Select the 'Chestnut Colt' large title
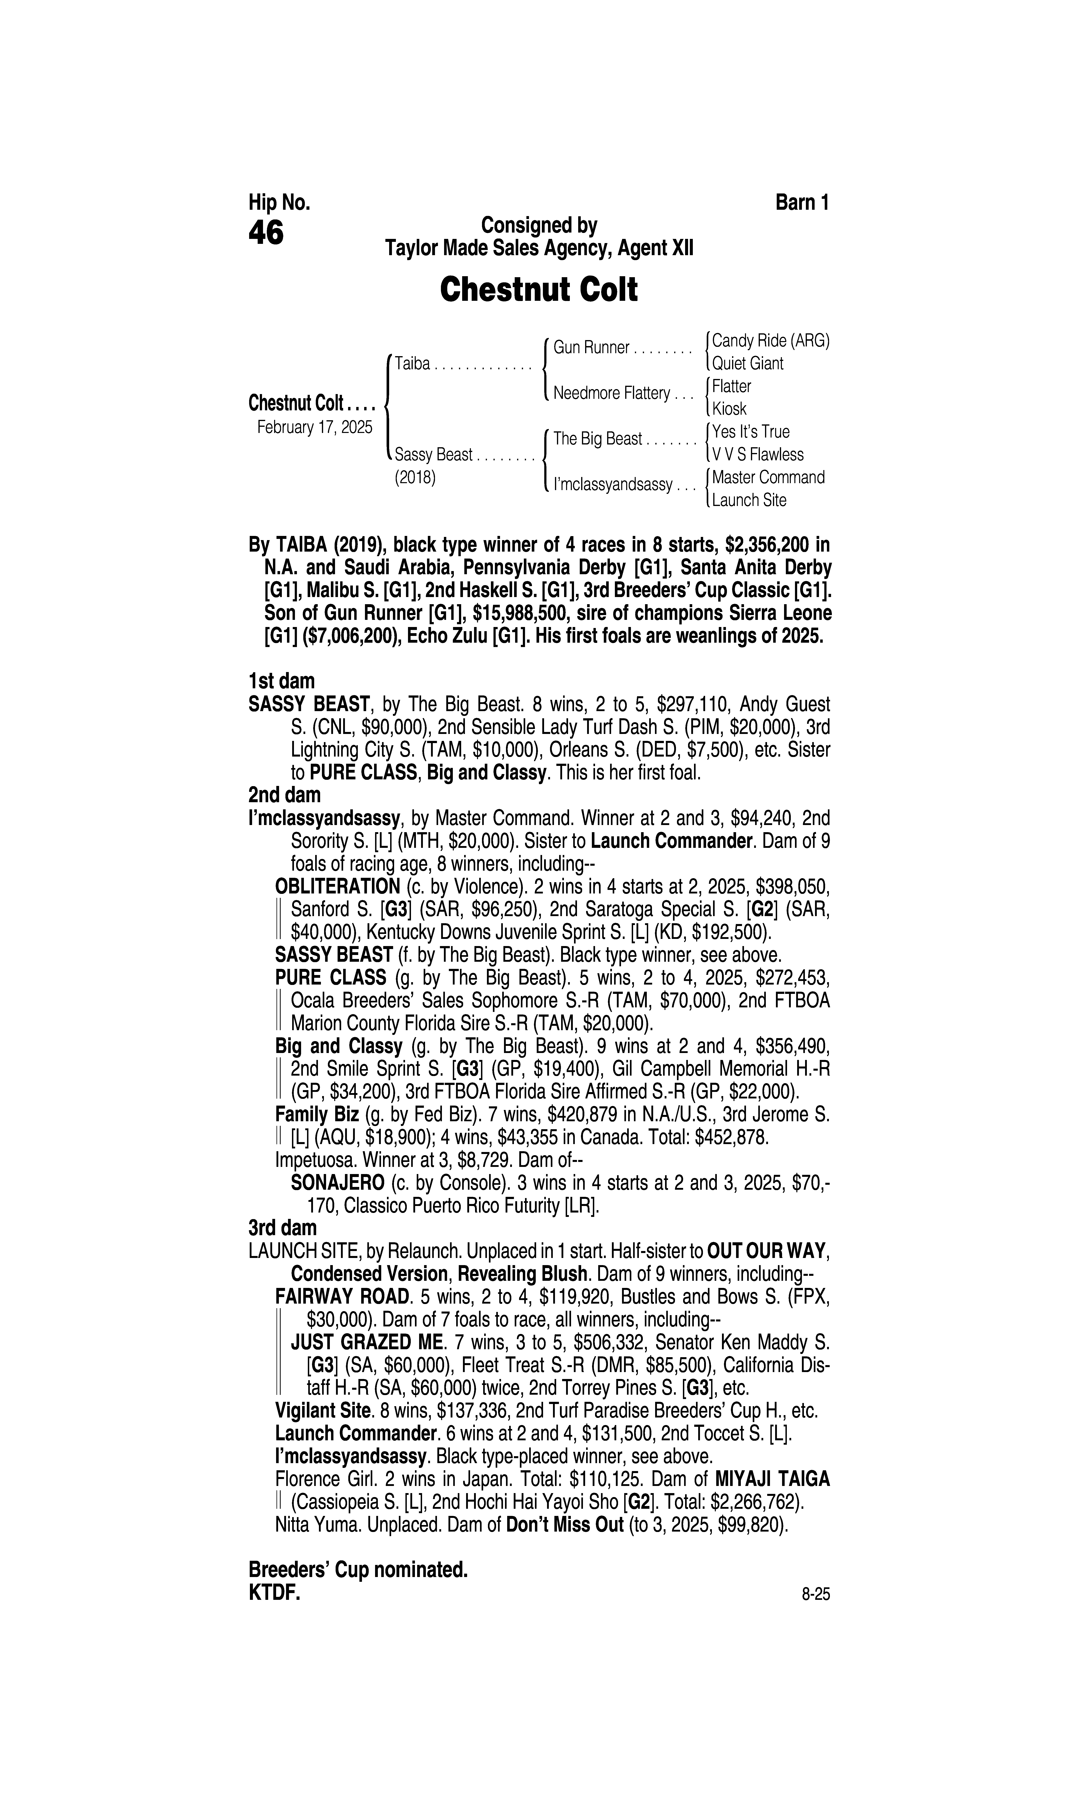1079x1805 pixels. [x=539, y=289]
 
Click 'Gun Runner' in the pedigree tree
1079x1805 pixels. [x=591, y=348]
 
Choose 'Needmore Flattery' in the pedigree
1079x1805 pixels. [x=611, y=393]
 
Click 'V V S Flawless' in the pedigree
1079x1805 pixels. [x=758, y=455]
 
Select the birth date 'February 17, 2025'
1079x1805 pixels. [x=314, y=427]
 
